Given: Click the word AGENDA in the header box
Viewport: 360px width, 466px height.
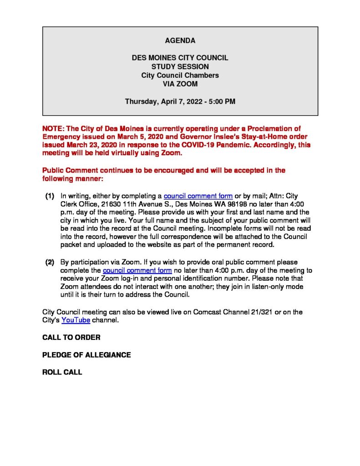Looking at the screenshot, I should click(180, 41).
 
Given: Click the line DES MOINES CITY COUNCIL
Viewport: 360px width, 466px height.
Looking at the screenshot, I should click(180, 58).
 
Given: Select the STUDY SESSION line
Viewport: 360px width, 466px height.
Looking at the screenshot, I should click(180, 67).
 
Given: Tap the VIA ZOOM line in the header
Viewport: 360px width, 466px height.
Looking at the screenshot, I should click(180, 84).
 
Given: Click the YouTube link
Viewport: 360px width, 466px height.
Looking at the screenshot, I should click(76, 320).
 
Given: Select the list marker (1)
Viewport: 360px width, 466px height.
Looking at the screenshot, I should click(50, 196).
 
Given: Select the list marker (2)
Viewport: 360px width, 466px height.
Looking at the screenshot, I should click(50, 262).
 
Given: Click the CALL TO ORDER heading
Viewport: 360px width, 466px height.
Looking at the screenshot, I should click(71, 338).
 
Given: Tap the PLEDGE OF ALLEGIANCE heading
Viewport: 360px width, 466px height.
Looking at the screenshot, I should click(86, 355).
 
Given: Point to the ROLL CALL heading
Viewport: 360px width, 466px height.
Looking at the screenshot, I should click(62, 372).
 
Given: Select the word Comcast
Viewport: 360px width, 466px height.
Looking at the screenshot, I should click(208, 312).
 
